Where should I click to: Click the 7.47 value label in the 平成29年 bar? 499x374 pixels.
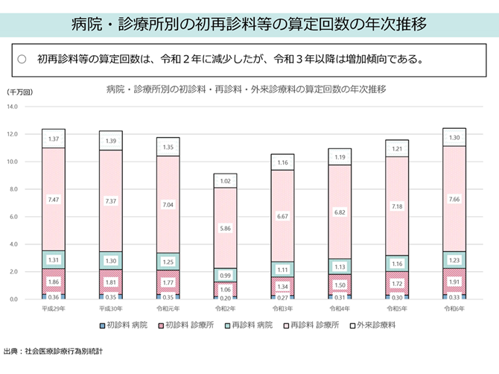pos(53,200)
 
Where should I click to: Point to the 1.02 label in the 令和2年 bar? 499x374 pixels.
pos(226,181)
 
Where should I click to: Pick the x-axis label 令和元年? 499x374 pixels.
pos(168,308)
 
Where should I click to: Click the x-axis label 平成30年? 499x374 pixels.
pos(111,308)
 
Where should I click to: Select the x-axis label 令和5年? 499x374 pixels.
pos(396,308)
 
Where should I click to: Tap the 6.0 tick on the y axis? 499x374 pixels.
pos(12,217)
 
